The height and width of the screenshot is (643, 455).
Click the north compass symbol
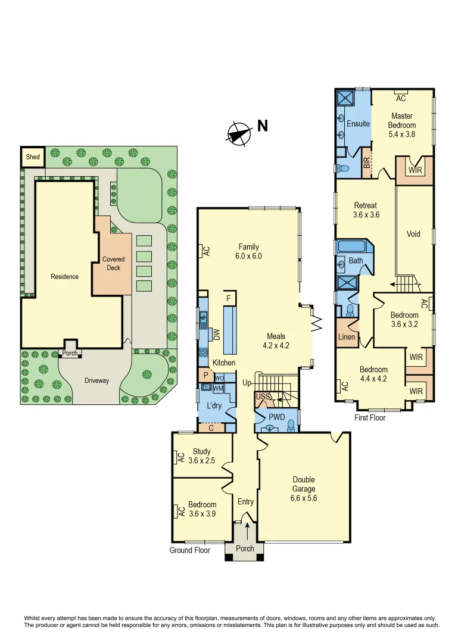240,133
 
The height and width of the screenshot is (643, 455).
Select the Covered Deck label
113,264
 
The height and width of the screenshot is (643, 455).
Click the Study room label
201,451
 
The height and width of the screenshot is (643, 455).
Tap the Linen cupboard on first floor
347,337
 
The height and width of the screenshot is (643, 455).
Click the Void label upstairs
413,234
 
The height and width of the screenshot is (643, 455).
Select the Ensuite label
359,124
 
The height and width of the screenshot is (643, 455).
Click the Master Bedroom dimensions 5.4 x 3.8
402,135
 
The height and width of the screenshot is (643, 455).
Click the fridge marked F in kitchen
228,298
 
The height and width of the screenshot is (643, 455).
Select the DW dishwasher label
217,335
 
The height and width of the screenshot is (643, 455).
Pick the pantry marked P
205,376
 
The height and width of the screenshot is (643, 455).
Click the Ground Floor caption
189,550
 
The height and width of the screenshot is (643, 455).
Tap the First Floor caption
370,417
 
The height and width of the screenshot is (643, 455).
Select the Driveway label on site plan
96,380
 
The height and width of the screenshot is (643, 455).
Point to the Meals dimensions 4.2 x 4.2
276,345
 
